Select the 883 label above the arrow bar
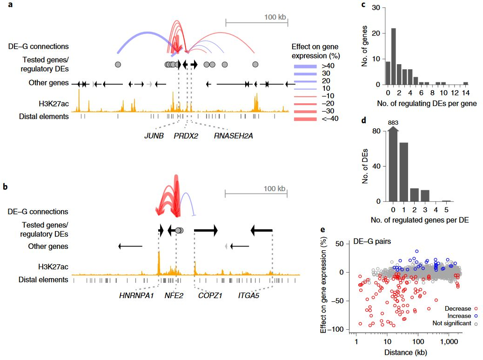tap(393, 123)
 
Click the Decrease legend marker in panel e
tap(476, 308)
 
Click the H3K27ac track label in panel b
tap(54, 267)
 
